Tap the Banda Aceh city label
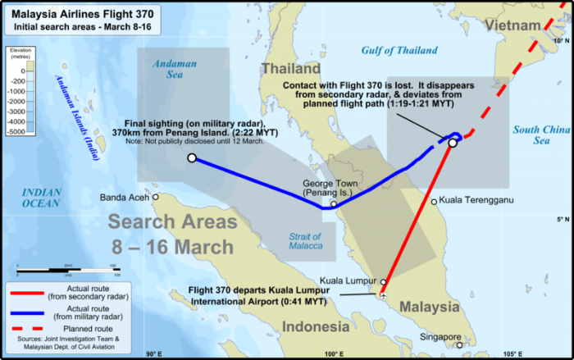click(x=124, y=198)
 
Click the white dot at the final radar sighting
click(x=191, y=158)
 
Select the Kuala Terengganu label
click(x=475, y=199)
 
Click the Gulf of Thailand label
click(x=399, y=50)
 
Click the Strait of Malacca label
click(x=305, y=241)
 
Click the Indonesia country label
click(x=316, y=327)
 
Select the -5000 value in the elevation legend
click(x=16, y=131)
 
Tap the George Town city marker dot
click(x=333, y=204)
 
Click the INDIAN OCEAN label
click(x=41, y=197)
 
